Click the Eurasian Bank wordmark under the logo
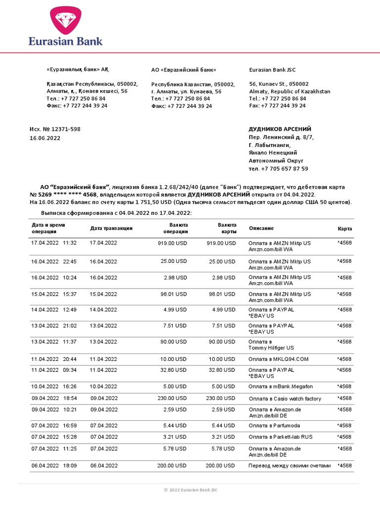pos(65,41)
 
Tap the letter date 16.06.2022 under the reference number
pos(45,138)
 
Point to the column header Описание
pos(261,228)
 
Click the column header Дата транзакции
pos(111,228)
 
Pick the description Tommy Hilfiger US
pos(271,348)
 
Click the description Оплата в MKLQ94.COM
pos(279,359)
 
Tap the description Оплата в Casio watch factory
pos(285,399)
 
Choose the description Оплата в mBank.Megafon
pos(281,387)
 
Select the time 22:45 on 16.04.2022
pos(70,261)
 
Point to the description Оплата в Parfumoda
pos(275,425)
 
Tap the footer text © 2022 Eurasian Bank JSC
pos(190,490)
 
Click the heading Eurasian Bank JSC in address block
pos(272,70)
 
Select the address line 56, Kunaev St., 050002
pos(279,84)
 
